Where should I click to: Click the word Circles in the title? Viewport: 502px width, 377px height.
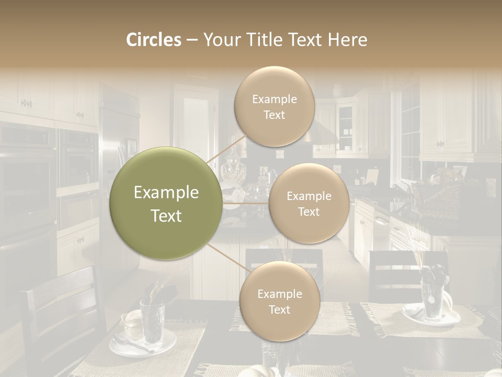[154, 40]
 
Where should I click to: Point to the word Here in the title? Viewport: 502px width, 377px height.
[348, 40]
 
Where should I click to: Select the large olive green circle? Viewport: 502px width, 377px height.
[166, 203]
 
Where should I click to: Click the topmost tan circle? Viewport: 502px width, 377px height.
[274, 106]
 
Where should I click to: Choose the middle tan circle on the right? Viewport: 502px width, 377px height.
[309, 203]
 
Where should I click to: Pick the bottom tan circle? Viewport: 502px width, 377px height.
[279, 301]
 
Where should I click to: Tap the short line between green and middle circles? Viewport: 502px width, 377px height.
[246, 203]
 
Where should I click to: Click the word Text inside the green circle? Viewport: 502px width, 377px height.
[166, 216]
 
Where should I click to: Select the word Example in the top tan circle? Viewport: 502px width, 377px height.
[274, 99]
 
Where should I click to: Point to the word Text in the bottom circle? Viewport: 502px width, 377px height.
[279, 309]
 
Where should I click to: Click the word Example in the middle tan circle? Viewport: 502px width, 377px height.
[309, 196]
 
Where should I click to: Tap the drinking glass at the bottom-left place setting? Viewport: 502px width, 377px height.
[152, 320]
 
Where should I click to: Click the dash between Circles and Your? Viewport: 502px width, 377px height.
[192, 40]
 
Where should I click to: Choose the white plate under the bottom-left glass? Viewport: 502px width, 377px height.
[142, 346]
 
